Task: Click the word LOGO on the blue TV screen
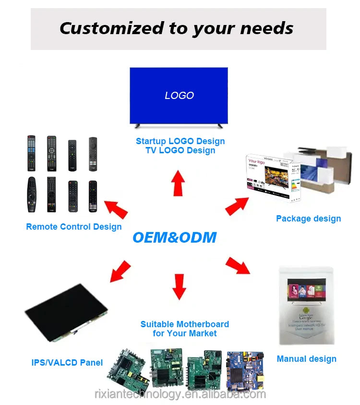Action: tap(179, 96)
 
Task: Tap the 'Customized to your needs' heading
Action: tap(176, 28)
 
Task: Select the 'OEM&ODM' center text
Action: tap(174, 237)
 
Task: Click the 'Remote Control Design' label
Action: tap(74, 227)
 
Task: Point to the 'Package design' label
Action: tap(308, 219)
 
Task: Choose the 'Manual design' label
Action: tap(306, 359)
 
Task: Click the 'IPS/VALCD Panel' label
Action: tap(67, 363)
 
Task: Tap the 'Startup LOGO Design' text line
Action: tap(180, 141)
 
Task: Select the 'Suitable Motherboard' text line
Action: tap(184, 324)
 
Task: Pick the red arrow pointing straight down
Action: tap(179, 286)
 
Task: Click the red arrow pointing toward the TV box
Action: tap(237, 205)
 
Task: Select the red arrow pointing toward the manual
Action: tap(238, 265)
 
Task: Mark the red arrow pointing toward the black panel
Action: tap(120, 271)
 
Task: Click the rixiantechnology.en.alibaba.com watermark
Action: tap(180, 394)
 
